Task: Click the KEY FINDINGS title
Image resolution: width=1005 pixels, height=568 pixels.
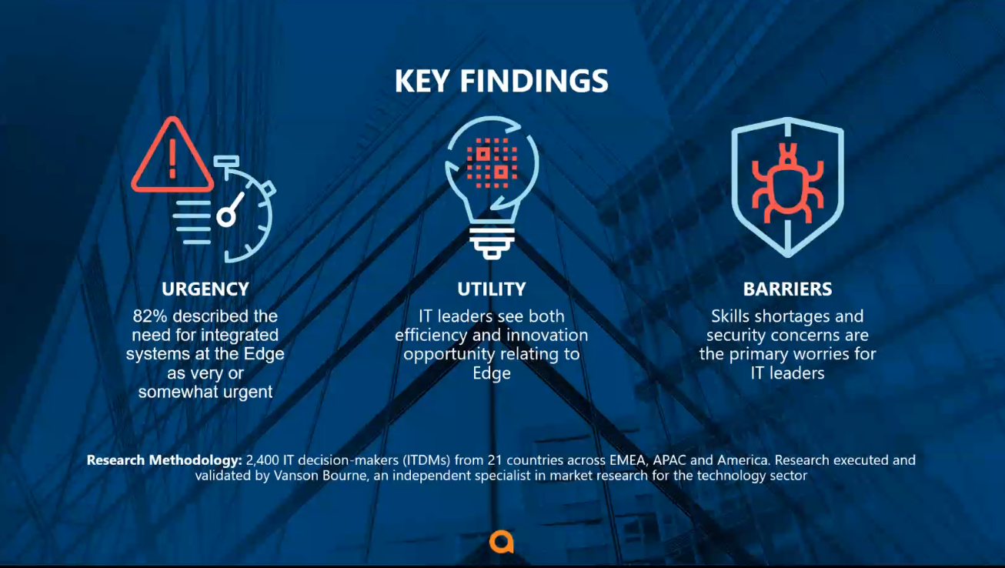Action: (501, 82)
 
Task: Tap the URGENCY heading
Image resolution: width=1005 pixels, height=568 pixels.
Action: (205, 289)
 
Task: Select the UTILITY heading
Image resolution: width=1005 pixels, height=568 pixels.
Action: (491, 289)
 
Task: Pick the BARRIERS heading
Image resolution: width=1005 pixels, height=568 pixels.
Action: (787, 289)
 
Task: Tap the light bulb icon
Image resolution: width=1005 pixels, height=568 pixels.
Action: (491, 188)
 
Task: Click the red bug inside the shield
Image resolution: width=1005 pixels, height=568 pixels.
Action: (787, 184)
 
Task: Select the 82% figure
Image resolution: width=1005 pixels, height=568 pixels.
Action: (150, 316)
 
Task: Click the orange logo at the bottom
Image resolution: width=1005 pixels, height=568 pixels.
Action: (501, 543)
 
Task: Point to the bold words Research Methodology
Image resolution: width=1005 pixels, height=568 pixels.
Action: (164, 460)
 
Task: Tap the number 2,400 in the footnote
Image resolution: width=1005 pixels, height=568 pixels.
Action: (262, 460)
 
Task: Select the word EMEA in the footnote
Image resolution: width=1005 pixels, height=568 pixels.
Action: (628, 460)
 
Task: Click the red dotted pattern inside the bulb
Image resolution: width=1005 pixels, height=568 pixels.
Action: (492, 162)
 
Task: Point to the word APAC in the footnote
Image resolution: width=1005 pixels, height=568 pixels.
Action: (669, 460)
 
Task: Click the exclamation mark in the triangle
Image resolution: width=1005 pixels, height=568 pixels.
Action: (172, 159)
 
